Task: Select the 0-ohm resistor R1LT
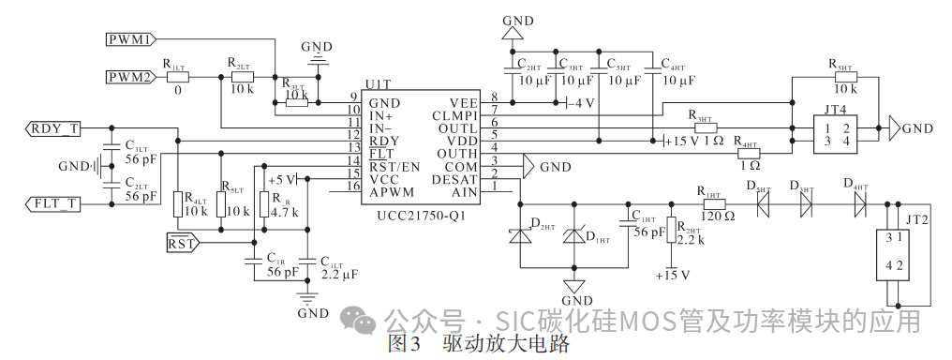[177, 78]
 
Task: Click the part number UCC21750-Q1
[416, 215]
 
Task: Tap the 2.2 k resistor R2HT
[671, 231]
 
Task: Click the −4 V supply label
[581, 103]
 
